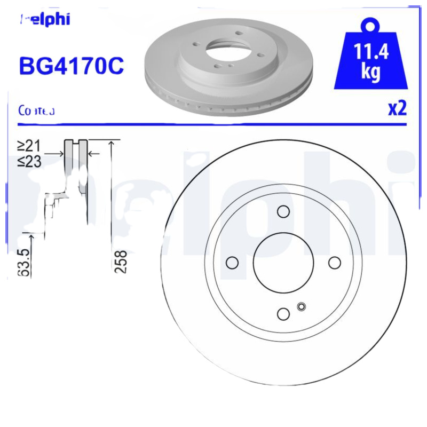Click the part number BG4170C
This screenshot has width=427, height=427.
[72, 66]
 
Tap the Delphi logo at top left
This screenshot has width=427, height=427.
[45, 20]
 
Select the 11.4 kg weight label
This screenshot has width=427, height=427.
[370, 63]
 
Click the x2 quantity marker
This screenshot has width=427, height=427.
[397, 108]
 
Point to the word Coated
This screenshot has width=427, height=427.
[36, 111]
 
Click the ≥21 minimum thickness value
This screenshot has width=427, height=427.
[30, 146]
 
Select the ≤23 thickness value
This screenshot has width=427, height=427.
[30, 161]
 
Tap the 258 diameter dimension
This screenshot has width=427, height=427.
[121, 262]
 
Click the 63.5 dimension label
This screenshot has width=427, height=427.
[23, 262]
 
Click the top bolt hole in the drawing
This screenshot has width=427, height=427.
[283, 211]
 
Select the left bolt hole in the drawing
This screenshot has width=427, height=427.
[232, 263]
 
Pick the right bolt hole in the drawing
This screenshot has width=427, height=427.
[335, 263]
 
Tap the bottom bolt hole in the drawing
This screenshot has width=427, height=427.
[283, 314]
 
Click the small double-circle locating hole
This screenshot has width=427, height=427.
[301, 306]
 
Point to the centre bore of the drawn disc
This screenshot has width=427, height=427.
[283, 263]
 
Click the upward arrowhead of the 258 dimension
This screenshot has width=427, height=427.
[111, 143]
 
